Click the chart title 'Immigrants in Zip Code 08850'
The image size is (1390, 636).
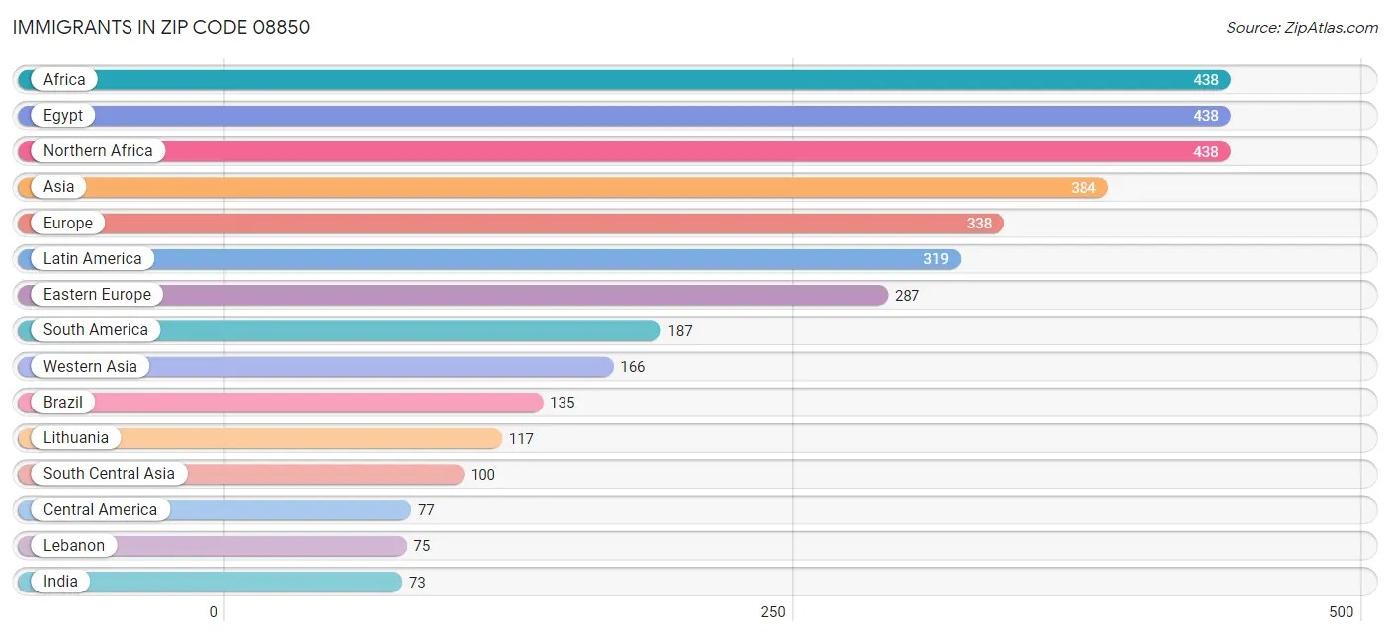pyautogui.click(x=161, y=27)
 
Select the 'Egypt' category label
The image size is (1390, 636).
pyautogui.click(x=63, y=116)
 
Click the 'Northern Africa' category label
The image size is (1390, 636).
pyautogui.click(x=98, y=151)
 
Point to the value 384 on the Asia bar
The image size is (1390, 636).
pyautogui.click(x=1084, y=188)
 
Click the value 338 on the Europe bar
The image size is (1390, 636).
pyautogui.click(x=979, y=224)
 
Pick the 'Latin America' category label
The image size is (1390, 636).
pyautogui.click(x=92, y=259)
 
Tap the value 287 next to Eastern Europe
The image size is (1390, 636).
pyautogui.click(x=907, y=295)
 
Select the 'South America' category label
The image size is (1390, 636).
pyautogui.click(x=95, y=330)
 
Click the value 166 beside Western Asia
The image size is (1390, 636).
pyautogui.click(x=633, y=367)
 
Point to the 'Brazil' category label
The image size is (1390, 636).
pyautogui.click(x=63, y=403)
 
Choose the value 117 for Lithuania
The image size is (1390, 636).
pyautogui.click(x=521, y=438)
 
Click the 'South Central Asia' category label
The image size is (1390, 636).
pyautogui.click(x=109, y=474)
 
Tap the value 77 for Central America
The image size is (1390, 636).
pyautogui.click(x=426, y=510)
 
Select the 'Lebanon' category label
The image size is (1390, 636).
pyautogui.click(x=73, y=546)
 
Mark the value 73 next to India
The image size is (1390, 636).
pyautogui.click(x=417, y=583)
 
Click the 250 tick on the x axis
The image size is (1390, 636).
pyautogui.click(x=773, y=612)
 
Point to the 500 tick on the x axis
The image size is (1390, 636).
pyautogui.click(x=1342, y=612)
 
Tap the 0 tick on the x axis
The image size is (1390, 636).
pyautogui.click(x=213, y=612)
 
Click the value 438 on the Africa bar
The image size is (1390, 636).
pyautogui.click(x=1206, y=80)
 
